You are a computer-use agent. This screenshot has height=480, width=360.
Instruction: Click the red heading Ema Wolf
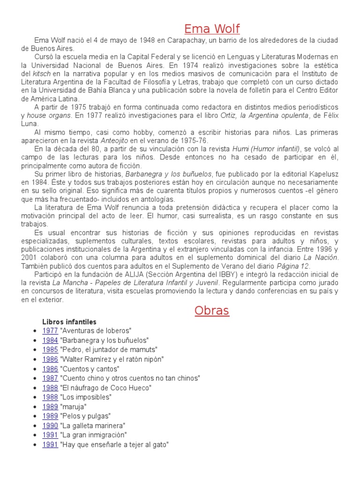coord(211,29)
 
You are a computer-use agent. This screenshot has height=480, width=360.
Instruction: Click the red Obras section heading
coord(212,310)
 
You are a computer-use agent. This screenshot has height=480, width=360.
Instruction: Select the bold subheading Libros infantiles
coord(69,322)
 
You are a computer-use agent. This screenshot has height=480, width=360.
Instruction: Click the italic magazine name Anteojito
coord(115,140)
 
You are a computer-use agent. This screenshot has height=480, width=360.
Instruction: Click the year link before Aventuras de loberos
coord(50,330)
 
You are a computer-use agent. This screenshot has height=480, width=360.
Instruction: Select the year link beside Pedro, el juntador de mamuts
coord(50,350)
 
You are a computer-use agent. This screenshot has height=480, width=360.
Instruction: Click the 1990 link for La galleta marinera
coord(50,426)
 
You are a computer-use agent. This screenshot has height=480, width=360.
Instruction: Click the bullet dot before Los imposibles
coord(35,397)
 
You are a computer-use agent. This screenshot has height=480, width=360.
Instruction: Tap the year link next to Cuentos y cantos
coord(50,368)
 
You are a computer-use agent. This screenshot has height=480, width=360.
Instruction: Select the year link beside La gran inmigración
coord(50,435)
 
